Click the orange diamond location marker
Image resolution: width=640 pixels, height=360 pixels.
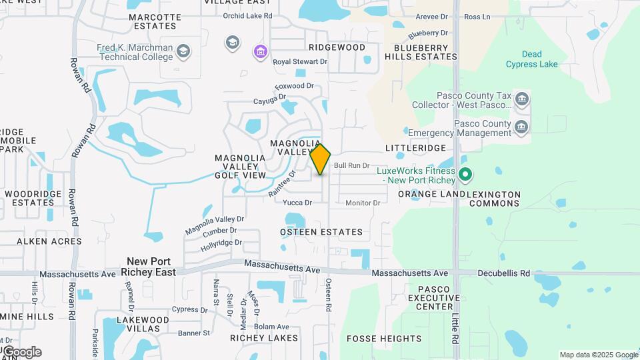point(321,159)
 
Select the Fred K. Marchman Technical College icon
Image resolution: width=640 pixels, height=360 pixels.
point(183,52)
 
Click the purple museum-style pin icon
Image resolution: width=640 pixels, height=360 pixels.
point(260,51)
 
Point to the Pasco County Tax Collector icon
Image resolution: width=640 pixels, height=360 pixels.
point(522,100)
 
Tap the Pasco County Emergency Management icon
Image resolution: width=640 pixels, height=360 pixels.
point(522,126)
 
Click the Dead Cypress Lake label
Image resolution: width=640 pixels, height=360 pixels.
point(532,59)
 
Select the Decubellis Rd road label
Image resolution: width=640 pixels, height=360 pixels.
point(503,273)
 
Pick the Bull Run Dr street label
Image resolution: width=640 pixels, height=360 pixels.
point(351,165)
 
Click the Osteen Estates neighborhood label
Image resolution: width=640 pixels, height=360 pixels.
point(321,232)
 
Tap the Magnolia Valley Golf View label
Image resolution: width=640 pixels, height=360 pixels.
point(240,167)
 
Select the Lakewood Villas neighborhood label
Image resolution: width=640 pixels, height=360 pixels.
point(138,324)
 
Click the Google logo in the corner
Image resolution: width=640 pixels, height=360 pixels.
point(22,351)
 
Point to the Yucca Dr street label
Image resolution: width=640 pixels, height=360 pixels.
point(297,203)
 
